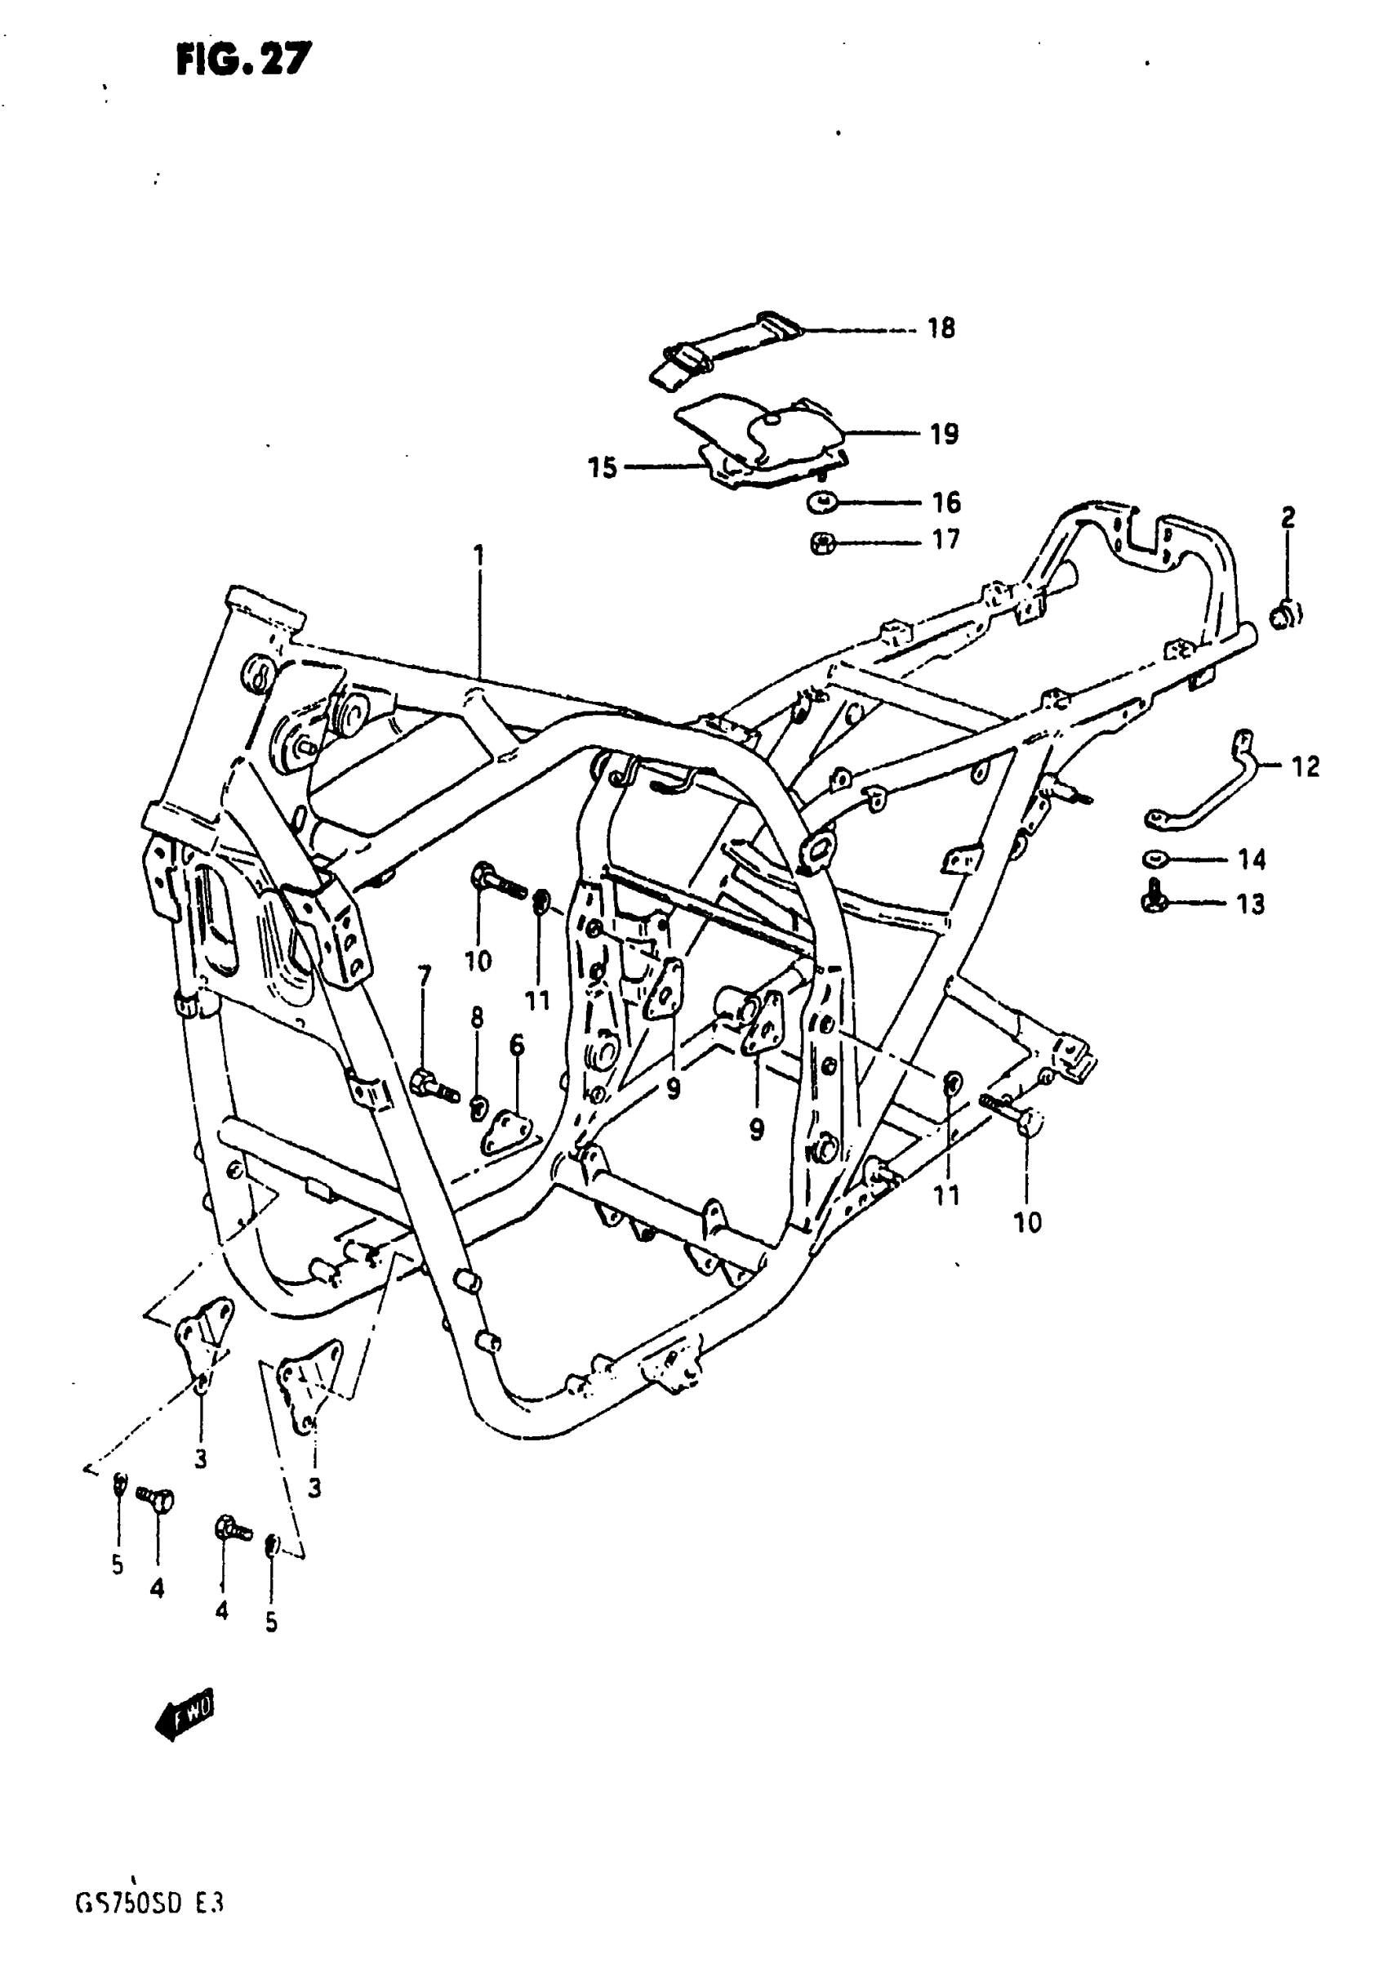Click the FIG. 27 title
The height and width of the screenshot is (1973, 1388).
coord(244,60)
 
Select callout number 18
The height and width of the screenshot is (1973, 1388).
coord(941,328)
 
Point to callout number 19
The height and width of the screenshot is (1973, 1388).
coord(944,434)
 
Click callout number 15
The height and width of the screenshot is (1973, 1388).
coord(602,468)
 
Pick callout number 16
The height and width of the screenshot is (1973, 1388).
coord(945,502)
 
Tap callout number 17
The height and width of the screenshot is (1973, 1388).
coord(945,541)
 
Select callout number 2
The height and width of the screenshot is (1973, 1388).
coord(1288,517)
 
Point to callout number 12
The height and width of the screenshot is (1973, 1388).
coord(1306,766)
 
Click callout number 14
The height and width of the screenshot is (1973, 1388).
coord(1252,859)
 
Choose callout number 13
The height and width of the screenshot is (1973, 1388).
coord(1251,904)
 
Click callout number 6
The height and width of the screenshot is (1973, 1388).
coord(516,1045)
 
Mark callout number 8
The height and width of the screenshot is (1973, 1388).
coord(477,1017)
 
